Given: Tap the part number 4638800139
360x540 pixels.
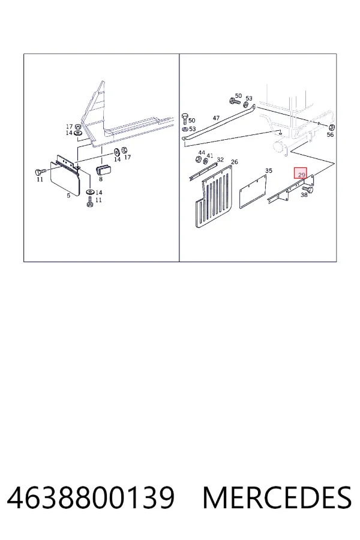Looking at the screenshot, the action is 91,497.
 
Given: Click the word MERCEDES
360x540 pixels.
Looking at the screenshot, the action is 277,497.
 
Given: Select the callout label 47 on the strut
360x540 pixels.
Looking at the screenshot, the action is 216,118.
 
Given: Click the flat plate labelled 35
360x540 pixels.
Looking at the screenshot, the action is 253,192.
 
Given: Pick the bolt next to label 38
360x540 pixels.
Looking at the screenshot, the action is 307,189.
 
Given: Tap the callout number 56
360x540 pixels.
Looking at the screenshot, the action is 330,134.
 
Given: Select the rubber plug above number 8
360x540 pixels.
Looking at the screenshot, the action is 103,170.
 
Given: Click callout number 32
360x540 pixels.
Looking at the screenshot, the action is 220,160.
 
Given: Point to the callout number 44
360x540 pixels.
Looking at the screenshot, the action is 202,152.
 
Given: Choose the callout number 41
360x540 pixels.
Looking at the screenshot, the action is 210,155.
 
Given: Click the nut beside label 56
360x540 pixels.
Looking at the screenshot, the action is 332,127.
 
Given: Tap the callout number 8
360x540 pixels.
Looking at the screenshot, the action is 101,179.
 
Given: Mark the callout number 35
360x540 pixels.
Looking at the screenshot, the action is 269,170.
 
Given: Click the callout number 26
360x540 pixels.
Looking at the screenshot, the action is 234,162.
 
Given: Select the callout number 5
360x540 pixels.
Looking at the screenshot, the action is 68,196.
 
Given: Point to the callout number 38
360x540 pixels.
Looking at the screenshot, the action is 304,195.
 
